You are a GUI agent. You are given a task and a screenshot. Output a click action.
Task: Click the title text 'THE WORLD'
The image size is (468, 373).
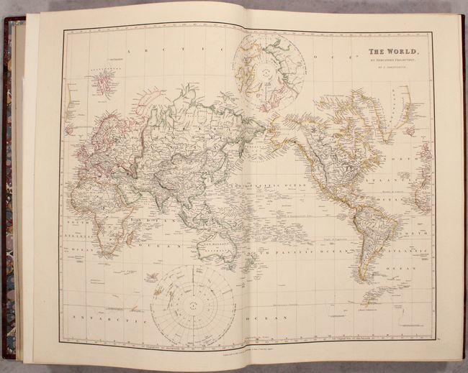coord(389,52)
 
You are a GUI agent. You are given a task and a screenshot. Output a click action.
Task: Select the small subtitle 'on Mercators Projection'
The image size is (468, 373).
coord(389,62)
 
